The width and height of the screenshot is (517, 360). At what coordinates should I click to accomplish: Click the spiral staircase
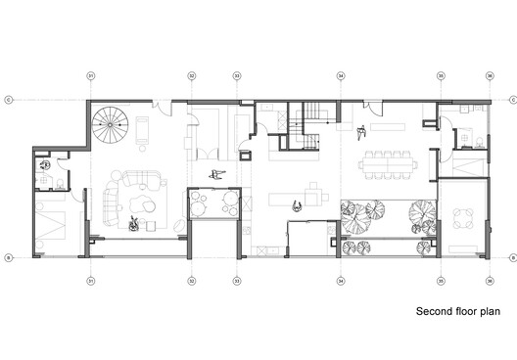click(110, 124)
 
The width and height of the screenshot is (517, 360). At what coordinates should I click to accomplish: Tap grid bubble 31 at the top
click(91, 75)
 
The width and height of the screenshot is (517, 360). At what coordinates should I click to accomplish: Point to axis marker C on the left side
click(8, 99)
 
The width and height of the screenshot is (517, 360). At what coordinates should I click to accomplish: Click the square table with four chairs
click(467, 218)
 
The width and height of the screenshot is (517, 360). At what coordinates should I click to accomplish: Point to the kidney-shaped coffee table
click(145, 203)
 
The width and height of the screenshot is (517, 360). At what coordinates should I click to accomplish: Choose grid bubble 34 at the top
click(340, 75)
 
